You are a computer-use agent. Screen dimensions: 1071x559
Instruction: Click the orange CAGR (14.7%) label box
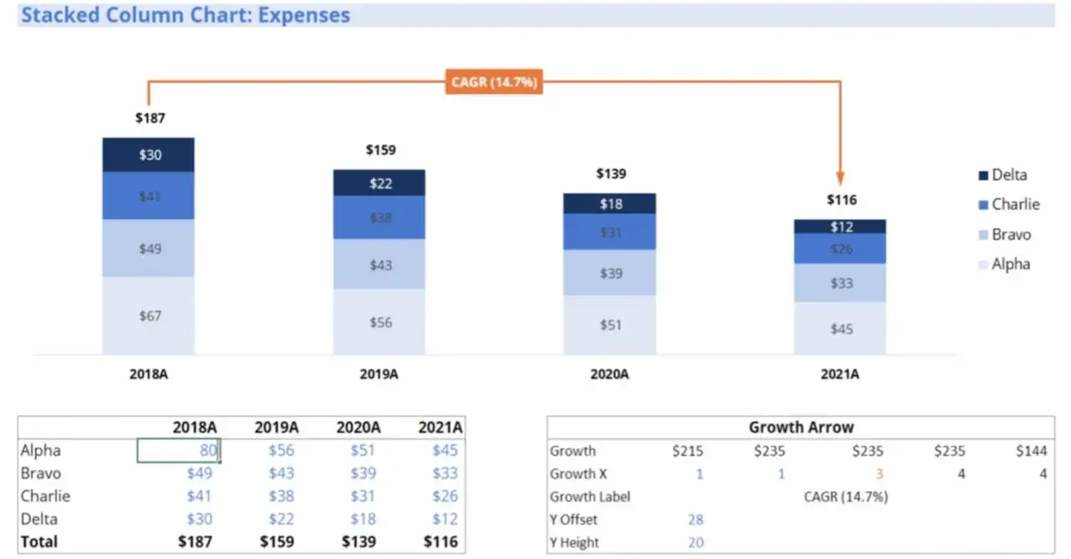coord(494,82)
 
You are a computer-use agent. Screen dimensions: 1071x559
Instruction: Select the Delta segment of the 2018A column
coord(148,155)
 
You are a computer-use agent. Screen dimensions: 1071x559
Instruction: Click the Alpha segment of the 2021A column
coord(840,329)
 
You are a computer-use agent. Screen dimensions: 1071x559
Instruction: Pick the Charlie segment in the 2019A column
coord(379,218)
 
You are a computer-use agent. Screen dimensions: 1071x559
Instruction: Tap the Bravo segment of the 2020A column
coord(610,273)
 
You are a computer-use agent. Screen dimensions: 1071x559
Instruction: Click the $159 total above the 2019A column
coord(381,150)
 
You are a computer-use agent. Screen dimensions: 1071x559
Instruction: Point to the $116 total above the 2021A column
coord(842,200)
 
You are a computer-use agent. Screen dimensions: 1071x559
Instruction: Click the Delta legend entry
coord(1003,175)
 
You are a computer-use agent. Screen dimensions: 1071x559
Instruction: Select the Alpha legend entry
coord(1005,264)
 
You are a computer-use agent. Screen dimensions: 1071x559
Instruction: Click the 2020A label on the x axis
coord(610,374)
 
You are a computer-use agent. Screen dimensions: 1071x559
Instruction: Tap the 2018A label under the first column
coord(149,374)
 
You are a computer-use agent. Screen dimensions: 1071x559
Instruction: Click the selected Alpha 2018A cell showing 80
coord(179,450)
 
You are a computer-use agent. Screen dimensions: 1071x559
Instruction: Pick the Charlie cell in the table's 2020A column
coord(362,496)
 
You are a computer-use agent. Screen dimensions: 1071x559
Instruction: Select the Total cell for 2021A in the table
coord(440,541)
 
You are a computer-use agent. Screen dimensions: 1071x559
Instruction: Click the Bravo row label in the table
coord(41,474)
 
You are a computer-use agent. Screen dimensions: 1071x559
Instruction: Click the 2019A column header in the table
coord(276,427)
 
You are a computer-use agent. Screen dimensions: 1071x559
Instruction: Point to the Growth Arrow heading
coord(802,427)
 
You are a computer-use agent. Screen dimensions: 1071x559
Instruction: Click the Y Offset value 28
coord(695,520)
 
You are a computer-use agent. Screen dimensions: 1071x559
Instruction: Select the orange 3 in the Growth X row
coord(879,474)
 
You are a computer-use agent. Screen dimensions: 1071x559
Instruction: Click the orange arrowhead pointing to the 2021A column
coord(840,178)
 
